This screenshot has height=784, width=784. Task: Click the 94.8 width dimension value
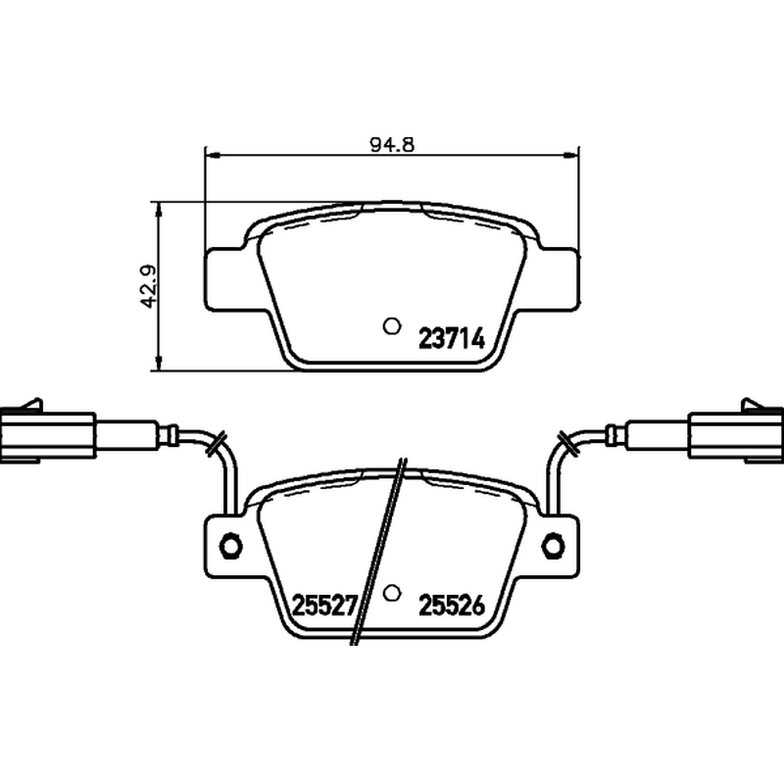pyautogui.click(x=393, y=144)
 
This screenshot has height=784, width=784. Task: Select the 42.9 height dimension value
pyautogui.click(x=149, y=286)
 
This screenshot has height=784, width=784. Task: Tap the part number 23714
pyautogui.click(x=452, y=338)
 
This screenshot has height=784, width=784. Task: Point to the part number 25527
pyautogui.click(x=323, y=606)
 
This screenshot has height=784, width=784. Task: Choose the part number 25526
pyautogui.click(x=452, y=606)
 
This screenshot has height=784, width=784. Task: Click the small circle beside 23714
pyautogui.click(x=391, y=326)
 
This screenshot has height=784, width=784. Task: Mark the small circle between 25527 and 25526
pyautogui.click(x=392, y=593)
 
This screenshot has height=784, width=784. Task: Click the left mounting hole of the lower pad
pyautogui.click(x=230, y=545)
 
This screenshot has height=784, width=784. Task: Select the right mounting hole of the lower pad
pyautogui.click(x=554, y=545)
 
